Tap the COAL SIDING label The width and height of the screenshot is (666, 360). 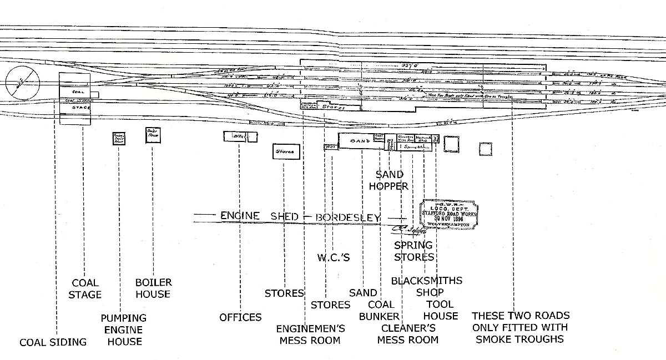(x=53, y=342)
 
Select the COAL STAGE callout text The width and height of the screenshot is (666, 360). (x=85, y=288)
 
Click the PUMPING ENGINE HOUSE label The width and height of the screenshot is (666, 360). (x=124, y=329)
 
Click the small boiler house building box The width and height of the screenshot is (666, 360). (x=153, y=135)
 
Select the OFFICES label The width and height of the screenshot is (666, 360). (x=240, y=317)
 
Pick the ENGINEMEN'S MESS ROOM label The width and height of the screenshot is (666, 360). (x=310, y=334)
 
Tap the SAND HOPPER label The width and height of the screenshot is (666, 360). (x=389, y=181)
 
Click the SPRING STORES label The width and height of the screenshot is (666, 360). (x=413, y=251)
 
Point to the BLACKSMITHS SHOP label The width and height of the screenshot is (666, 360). (x=427, y=286)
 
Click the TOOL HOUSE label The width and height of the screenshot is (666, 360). (x=441, y=310)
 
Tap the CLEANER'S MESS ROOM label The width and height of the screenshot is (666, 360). (x=407, y=334)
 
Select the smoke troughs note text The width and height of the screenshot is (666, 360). (x=521, y=327)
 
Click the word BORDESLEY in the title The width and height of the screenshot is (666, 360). (x=348, y=216)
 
